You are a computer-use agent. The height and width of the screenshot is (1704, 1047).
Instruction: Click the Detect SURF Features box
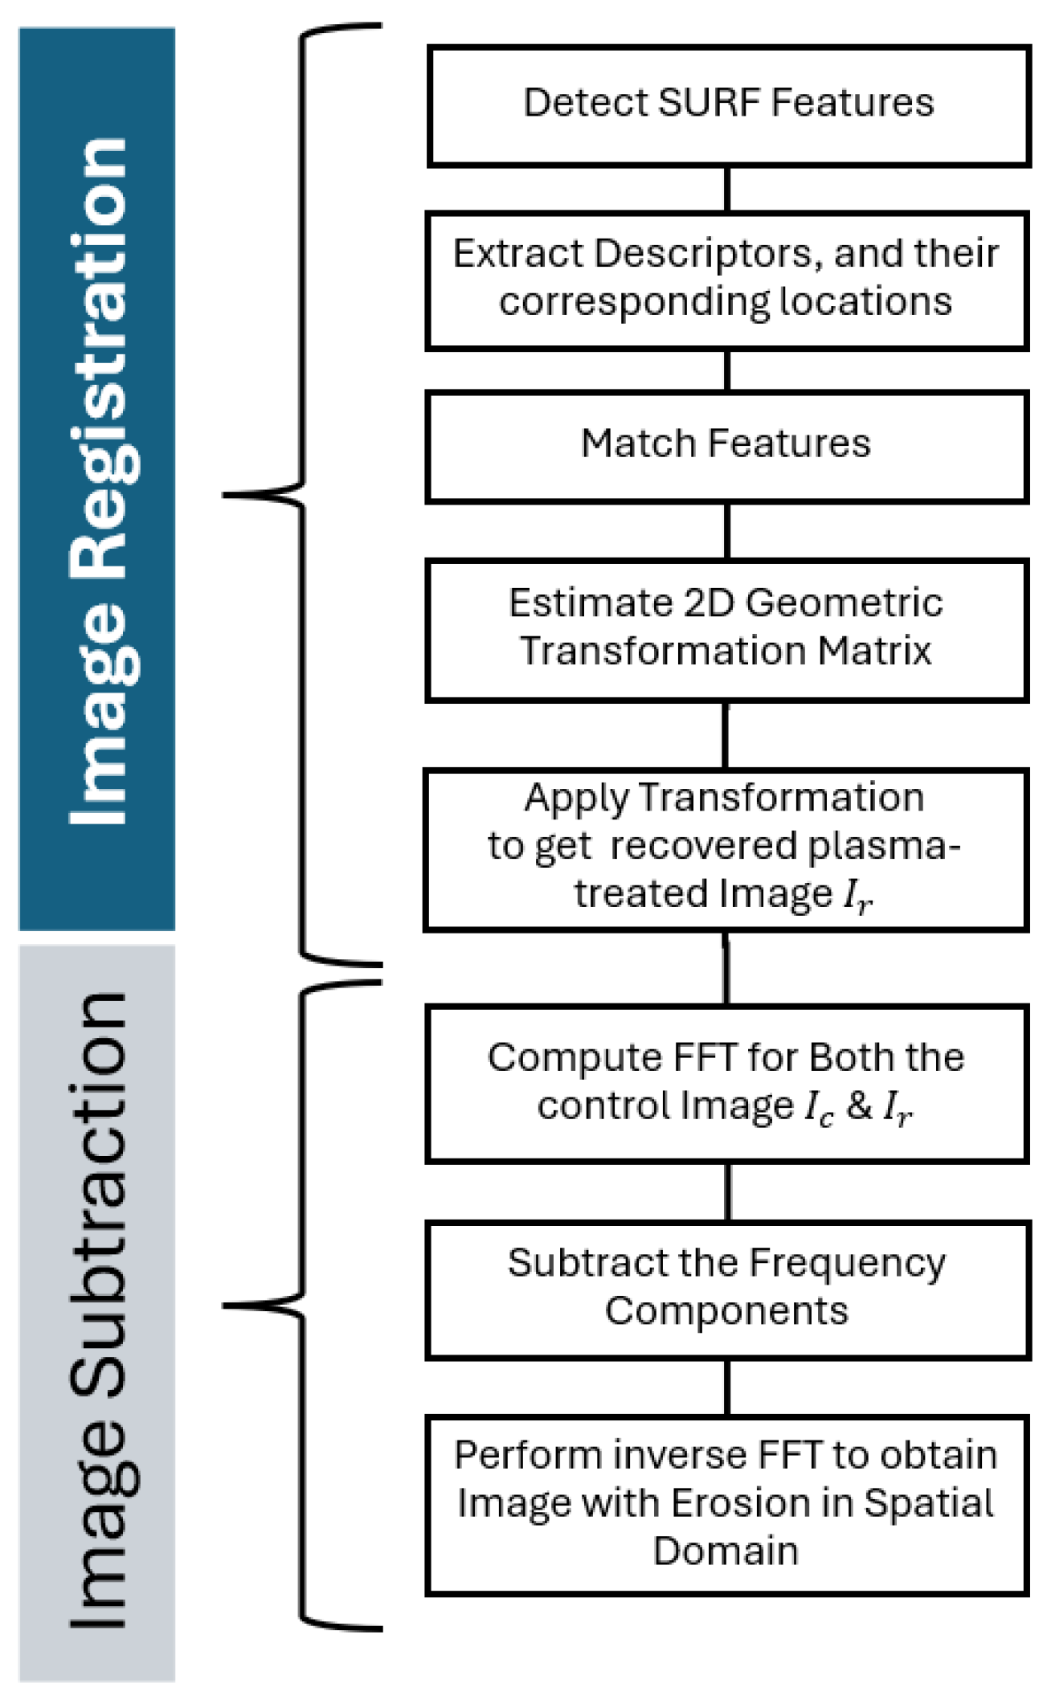(728, 106)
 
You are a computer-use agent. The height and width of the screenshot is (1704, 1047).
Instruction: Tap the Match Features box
(726, 447)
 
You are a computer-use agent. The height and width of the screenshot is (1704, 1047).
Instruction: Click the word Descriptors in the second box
(707, 255)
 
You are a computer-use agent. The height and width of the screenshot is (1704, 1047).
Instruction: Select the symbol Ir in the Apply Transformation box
(857, 896)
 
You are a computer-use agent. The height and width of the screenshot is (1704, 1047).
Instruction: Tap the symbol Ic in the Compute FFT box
(819, 1108)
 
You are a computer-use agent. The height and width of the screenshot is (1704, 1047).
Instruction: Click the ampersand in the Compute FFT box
(859, 1105)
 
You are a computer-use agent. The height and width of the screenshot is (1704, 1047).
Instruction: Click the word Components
(726, 1311)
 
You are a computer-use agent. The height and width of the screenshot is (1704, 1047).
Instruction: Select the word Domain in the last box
(726, 1551)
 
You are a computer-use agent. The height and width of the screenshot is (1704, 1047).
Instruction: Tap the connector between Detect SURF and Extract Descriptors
(727, 189)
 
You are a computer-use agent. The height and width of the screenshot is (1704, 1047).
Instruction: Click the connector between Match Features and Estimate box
(727, 531)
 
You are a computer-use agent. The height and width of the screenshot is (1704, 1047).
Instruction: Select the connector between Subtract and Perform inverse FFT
(727, 1388)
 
